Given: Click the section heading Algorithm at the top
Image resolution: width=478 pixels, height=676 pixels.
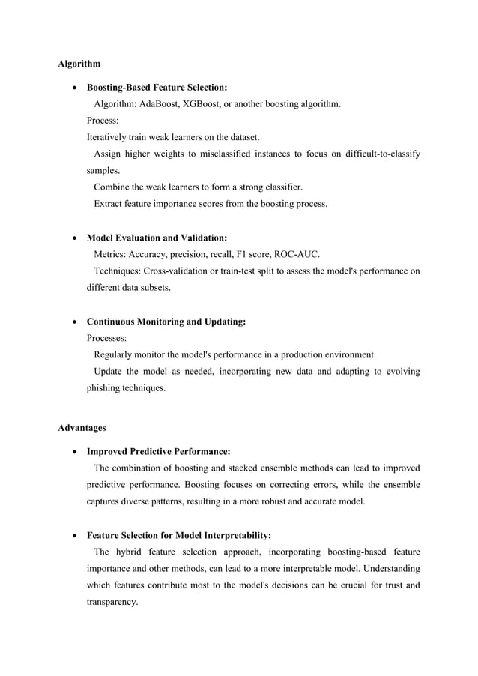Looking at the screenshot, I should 79,64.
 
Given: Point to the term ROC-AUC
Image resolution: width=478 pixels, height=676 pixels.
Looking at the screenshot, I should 299,254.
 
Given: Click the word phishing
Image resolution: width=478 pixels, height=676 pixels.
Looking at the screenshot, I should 106,388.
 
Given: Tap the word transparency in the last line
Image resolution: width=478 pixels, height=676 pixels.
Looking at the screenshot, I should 112,600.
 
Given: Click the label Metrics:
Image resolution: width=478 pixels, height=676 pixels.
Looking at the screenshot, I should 109,254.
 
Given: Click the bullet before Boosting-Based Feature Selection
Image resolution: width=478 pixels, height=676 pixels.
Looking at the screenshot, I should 73,88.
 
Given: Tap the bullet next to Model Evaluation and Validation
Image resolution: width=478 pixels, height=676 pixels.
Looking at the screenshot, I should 73,238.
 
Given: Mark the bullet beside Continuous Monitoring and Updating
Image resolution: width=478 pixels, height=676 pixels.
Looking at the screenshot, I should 73,322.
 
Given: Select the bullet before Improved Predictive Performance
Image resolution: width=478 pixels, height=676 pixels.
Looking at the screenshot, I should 73,452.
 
